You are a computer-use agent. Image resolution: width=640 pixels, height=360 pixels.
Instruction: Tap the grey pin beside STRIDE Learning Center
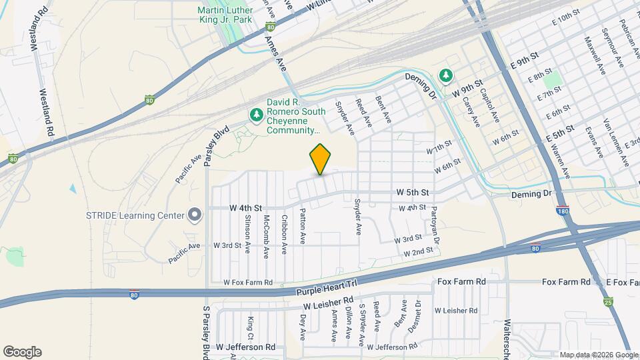195,215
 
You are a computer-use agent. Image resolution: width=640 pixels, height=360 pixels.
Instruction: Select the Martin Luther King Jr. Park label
225,15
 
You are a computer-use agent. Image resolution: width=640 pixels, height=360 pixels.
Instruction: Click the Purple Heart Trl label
326,288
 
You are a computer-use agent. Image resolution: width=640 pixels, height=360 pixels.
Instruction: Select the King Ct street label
251,327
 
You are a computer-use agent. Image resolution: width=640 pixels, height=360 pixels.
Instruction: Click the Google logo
22,352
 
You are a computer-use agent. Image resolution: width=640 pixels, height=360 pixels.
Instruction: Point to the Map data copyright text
598,354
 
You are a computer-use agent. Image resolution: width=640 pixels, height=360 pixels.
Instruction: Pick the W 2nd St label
419,252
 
